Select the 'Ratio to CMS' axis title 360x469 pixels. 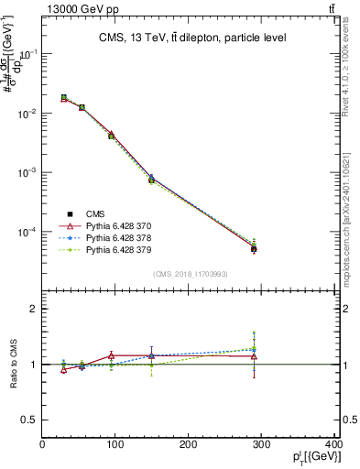click(x=13, y=365)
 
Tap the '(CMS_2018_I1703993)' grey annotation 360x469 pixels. click(x=190, y=274)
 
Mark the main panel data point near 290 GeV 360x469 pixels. click(x=254, y=248)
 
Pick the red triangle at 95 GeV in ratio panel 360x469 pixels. click(x=112, y=355)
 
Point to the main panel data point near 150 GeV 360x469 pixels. click(x=151, y=179)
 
